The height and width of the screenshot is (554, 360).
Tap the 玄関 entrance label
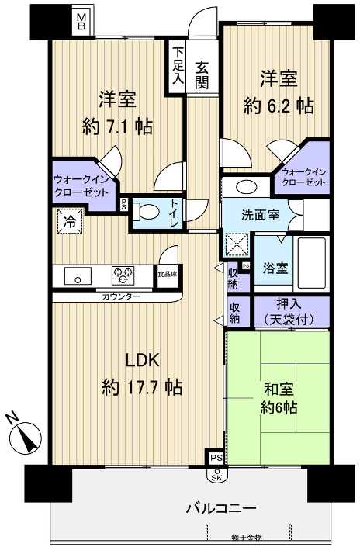(x=202, y=74)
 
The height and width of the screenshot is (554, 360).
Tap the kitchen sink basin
(x=78, y=275)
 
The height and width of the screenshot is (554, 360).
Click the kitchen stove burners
(x=123, y=275)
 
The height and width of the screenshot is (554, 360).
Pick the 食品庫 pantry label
(x=166, y=274)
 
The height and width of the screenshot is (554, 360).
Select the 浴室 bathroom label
(x=275, y=268)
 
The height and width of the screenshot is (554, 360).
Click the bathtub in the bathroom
(x=313, y=264)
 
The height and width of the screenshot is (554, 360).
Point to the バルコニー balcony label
(x=220, y=509)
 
